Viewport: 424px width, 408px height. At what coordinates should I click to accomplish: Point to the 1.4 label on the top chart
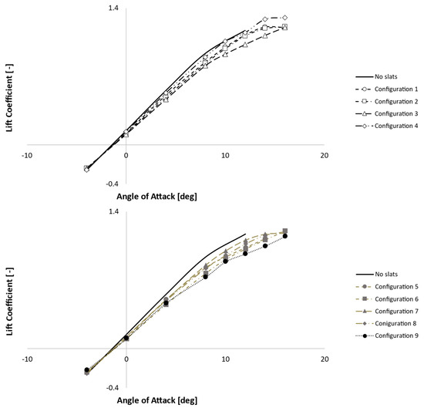tap(113, 8)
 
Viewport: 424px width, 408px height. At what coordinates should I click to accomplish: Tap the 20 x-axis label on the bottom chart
tap(324, 359)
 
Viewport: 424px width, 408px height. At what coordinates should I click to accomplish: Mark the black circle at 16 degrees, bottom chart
tap(285, 236)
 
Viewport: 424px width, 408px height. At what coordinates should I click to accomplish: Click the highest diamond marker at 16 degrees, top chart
tap(285, 17)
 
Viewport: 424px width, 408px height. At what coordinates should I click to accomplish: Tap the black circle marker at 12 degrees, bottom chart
tap(245, 254)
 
